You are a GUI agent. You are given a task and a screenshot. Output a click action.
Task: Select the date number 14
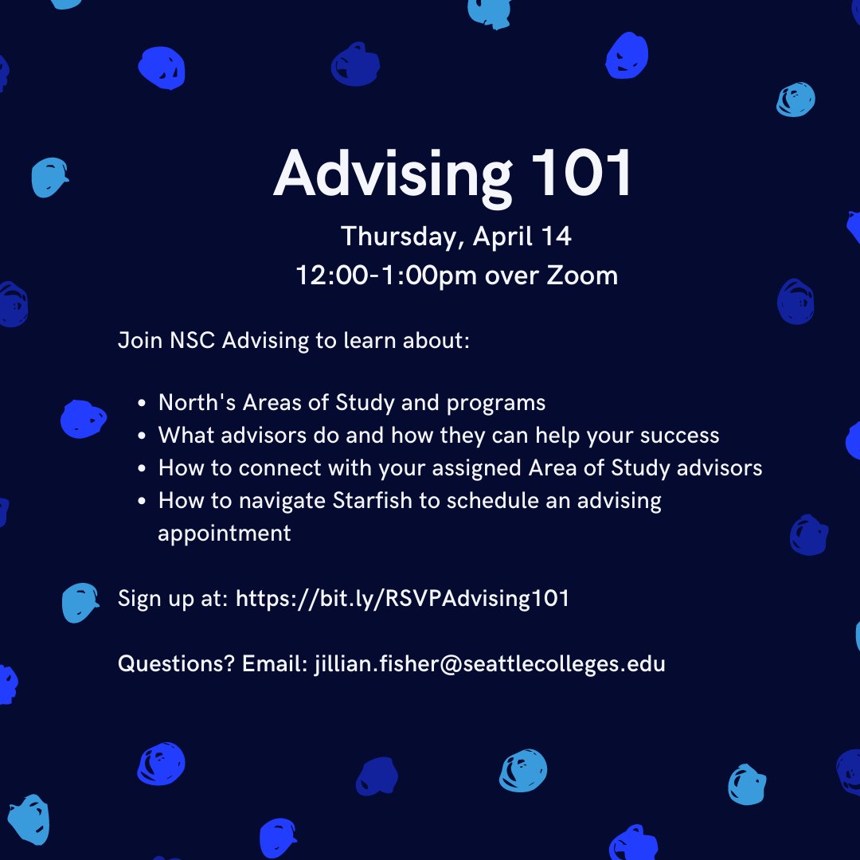tap(557, 236)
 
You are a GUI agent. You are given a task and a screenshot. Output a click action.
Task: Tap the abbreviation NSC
tap(193, 341)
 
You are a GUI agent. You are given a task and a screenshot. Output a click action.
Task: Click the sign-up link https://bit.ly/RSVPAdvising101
tap(403, 598)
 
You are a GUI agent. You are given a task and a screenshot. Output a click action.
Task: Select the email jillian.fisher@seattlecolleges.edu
tap(490, 663)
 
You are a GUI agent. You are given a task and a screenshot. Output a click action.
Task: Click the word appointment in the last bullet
tap(225, 533)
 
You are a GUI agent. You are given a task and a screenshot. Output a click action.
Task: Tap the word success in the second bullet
tap(676, 436)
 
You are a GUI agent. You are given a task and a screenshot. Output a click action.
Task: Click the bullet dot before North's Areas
tap(142, 404)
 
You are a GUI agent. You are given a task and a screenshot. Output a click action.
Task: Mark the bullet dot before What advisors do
tap(142, 436)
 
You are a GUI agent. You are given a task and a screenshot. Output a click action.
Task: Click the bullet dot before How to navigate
tap(142, 501)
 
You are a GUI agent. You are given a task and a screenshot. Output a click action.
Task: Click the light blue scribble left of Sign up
tap(80, 602)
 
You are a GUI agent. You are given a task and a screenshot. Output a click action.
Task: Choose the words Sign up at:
tap(173, 598)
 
